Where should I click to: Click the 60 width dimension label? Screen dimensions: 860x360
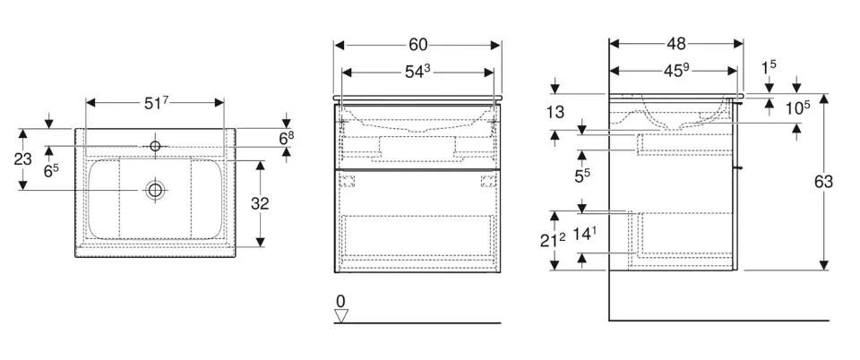(x=418, y=45)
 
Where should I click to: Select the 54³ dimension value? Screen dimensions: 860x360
(x=418, y=72)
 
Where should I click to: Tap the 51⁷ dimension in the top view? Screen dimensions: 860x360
(x=155, y=102)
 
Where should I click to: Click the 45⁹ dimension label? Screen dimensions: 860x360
(x=676, y=72)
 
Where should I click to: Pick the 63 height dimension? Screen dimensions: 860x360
(x=823, y=182)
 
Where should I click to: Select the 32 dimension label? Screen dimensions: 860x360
(x=260, y=203)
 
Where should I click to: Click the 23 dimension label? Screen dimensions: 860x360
(x=23, y=159)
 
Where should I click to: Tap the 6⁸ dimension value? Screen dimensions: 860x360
(x=287, y=139)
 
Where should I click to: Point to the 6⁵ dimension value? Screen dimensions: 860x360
(x=51, y=171)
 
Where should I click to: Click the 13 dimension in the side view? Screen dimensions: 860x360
(x=555, y=112)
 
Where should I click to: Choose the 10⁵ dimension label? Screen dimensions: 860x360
(x=797, y=108)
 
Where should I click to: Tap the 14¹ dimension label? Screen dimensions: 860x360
(x=582, y=235)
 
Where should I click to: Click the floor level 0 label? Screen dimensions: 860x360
(x=340, y=301)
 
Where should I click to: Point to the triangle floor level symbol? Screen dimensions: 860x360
(x=341, y=315)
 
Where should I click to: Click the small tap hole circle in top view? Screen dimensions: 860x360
(x=155, y=146)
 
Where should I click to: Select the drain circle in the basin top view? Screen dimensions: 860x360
(x=155, y=190)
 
